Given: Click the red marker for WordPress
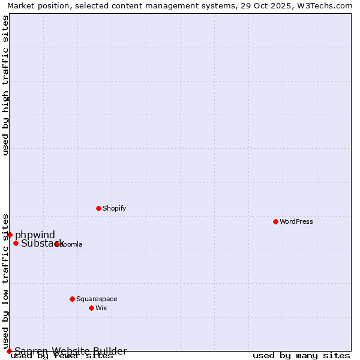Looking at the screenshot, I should pos(275,221).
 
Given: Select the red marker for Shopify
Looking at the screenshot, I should pos(98,208).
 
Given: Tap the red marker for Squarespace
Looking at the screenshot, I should pos(72,299).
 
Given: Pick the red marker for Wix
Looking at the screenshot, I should pos(91,308).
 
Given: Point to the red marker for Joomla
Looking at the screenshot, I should pos(56,244).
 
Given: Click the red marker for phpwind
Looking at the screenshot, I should pos(10,235).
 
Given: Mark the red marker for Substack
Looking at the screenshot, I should pos(16,243).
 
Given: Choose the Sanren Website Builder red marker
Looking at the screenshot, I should pos(9,351).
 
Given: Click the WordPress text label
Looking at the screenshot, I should pos(296,221).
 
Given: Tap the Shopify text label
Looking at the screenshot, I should pos(114,208).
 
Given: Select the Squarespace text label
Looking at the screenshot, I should pos(97,299).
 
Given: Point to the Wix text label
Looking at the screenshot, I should pos(101,308).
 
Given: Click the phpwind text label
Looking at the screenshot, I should pos(35,235).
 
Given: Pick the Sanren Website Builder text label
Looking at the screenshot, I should pos(71,351).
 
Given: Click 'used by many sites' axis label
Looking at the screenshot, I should pos(301,356).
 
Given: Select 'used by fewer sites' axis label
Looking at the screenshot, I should pos(62,356).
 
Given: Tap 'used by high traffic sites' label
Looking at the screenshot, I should pos(5,85).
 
